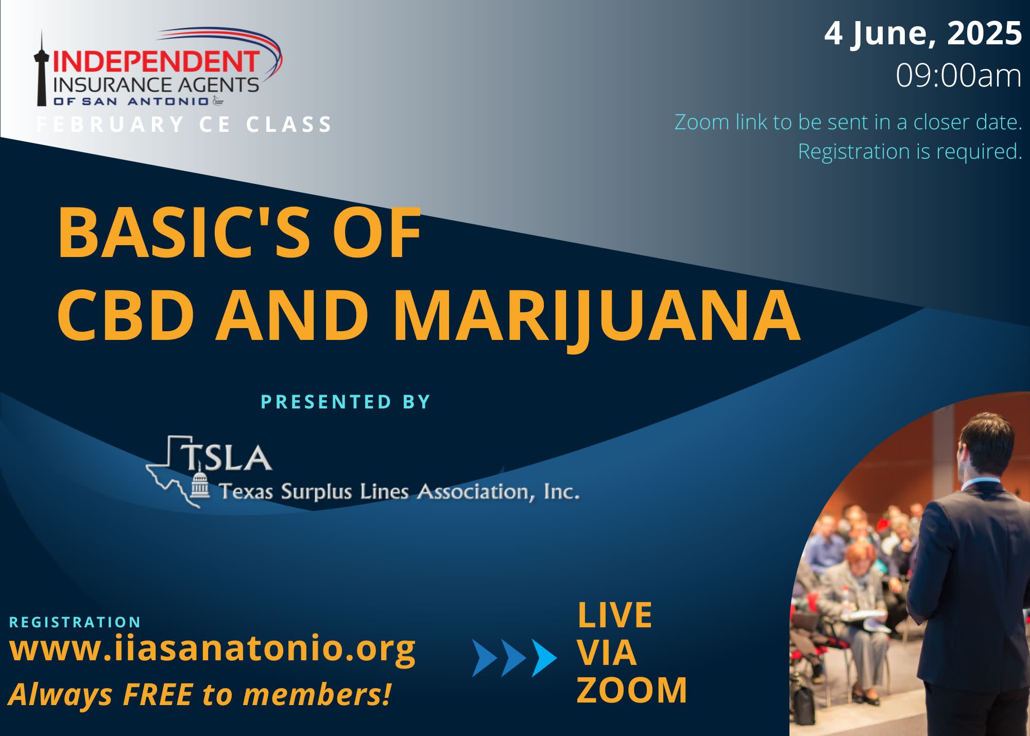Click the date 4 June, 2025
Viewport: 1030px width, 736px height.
(x=923, y=33)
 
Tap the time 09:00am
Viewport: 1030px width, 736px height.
(x=958, y=76)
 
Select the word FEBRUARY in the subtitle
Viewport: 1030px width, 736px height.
(x=110, y=125)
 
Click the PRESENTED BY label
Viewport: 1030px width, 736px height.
(x=346, y=402)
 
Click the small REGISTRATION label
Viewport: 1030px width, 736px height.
(x=75, y=622)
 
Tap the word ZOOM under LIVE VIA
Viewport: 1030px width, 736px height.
(x=632, y=690)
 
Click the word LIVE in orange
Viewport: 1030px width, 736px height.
(x=614, y=615)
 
